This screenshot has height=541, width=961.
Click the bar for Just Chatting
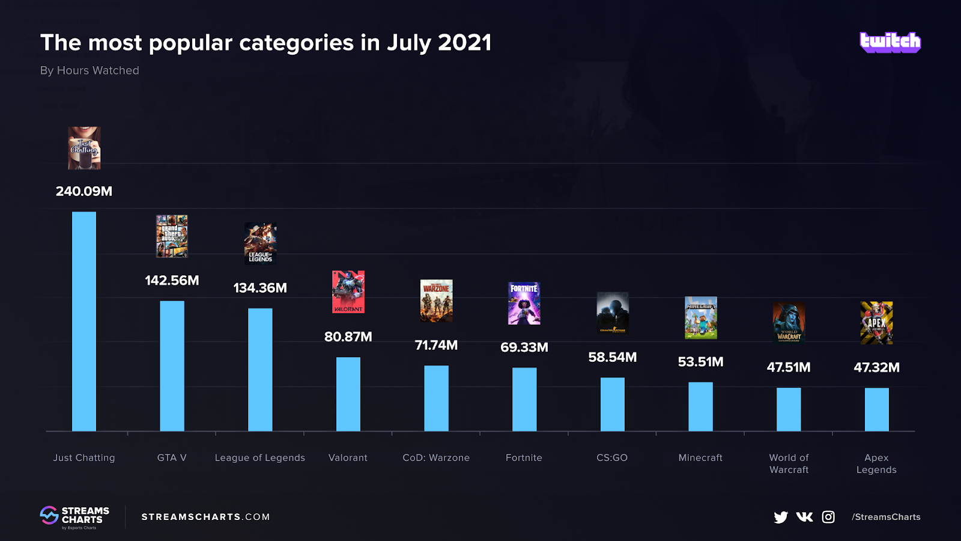click(84, 322)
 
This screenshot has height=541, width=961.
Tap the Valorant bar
click(348, 394)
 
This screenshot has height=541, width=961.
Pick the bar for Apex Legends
click(876, 409)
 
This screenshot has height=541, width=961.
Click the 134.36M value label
click(260, 288)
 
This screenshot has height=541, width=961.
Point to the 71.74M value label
click(436, 345)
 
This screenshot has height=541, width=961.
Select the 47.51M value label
click(789, 367)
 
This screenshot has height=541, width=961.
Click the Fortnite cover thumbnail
click(524, 304)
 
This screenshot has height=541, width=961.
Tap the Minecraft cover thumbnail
click(700, 317)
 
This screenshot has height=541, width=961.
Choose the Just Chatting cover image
click(84, 148)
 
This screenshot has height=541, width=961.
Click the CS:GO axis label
click(612, 457)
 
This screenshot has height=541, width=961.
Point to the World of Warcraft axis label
click(789, 463)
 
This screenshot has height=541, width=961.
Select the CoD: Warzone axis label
click(436, 457)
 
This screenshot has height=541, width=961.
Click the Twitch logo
click(890, 42)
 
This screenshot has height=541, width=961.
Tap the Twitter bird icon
click(781, 517)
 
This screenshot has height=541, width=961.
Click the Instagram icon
click(828, 517)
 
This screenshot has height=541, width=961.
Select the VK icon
click(804, 517)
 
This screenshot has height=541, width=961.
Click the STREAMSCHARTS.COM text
click(205, 517)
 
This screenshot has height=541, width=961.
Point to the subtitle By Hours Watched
click(89, 70)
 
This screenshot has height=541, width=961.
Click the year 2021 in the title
click(465, 43)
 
